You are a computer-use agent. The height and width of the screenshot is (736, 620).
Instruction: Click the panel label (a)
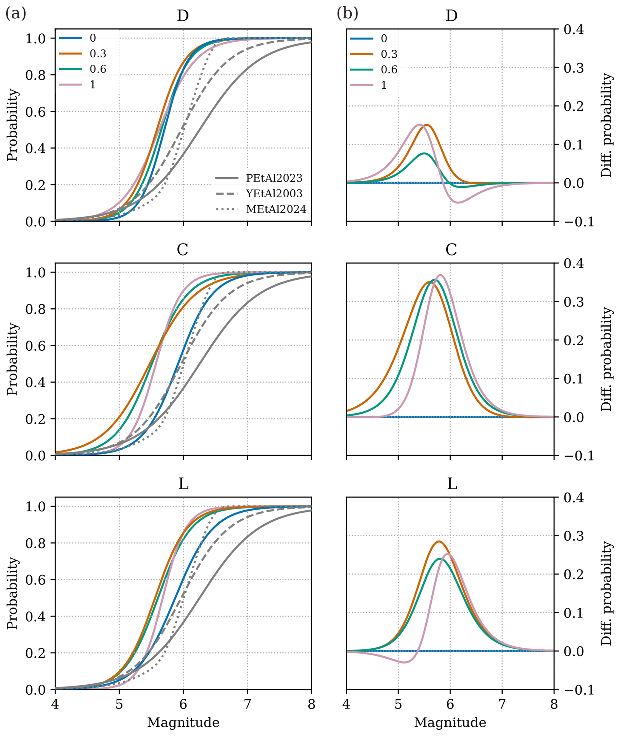[x=16, y=14]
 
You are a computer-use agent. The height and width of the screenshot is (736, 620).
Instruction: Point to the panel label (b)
[x=347, y=14]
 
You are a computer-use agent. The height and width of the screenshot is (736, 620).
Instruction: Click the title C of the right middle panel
[x=451, y=250]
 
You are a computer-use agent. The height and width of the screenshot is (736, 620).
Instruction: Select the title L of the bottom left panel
[x=183, y=484]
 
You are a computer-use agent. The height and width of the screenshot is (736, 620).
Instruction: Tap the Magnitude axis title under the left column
[x=183, y=723]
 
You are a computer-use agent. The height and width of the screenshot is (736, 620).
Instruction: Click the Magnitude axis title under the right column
[x=450, y=723]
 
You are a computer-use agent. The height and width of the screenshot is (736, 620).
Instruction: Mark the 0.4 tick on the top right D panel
[x=573, y=29]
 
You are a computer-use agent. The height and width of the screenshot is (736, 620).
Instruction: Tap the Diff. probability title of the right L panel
[x=606, y=593]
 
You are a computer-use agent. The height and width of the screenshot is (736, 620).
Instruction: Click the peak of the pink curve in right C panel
[x=440, y=275]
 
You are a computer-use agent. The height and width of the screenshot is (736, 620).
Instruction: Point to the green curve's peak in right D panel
[x=424, y=153]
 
